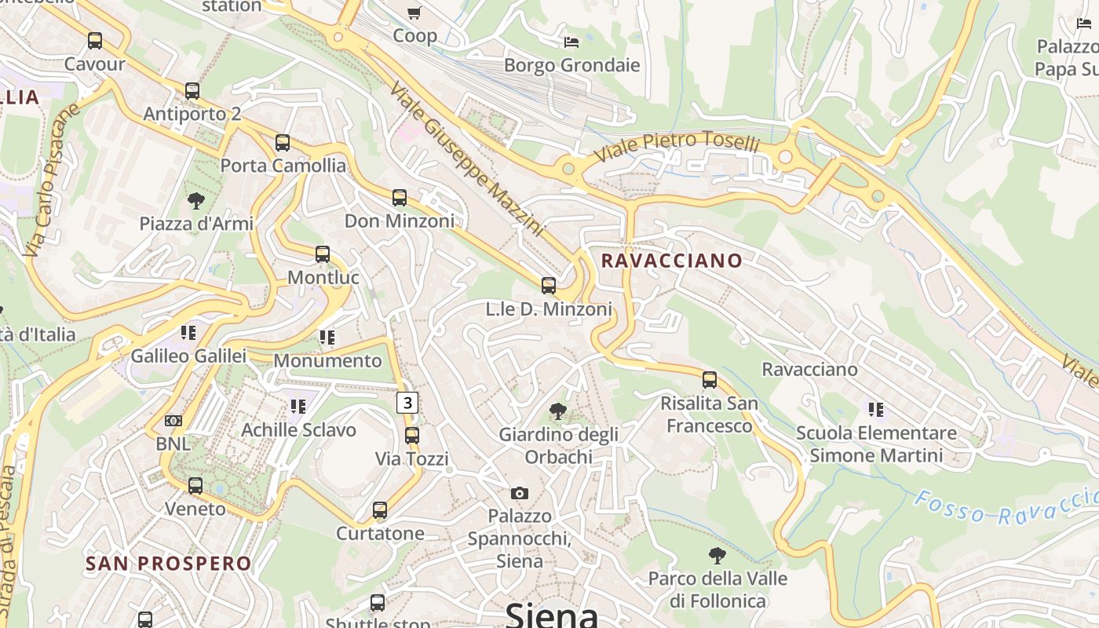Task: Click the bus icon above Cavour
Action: click(95, 41)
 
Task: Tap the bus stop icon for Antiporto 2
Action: click(192, 91)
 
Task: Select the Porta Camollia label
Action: click(283, 166)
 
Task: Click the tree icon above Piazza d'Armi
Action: click(195, 201)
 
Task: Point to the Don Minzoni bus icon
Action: click(400, 198)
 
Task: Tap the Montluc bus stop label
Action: click(323, 277)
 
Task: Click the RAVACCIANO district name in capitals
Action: click(671, 261)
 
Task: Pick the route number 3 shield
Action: click(407, 403)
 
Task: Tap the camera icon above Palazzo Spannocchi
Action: click(519, 493)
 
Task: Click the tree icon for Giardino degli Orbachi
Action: click(557, 411)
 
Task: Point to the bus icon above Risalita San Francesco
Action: click(710, 380)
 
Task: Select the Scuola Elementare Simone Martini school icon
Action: click(876, 409)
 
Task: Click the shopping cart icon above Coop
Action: click(414, 13)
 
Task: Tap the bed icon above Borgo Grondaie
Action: click(571, 42)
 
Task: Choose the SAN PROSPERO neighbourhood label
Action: click(169, 564)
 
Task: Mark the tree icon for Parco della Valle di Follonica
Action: click(717, 556)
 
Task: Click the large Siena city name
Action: click(552, 614)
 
